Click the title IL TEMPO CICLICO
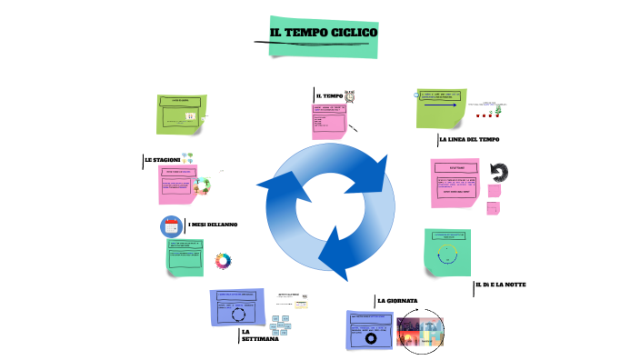pos(323,34)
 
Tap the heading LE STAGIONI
pos(162,160)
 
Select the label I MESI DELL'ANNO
pos(212,225)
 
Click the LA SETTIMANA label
pos(254,335)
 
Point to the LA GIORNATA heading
pos(396,300)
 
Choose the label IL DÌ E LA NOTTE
pos(501,285)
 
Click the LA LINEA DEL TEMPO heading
pos(468,139)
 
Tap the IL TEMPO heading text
pos(328,95)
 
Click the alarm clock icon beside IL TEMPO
pos(350,95)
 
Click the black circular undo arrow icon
pos(498,172)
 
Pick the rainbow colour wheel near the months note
pos(223,261)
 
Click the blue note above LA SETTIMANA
pos(239,307)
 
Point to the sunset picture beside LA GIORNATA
pos(419,331)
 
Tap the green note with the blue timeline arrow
pos(440,108)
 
